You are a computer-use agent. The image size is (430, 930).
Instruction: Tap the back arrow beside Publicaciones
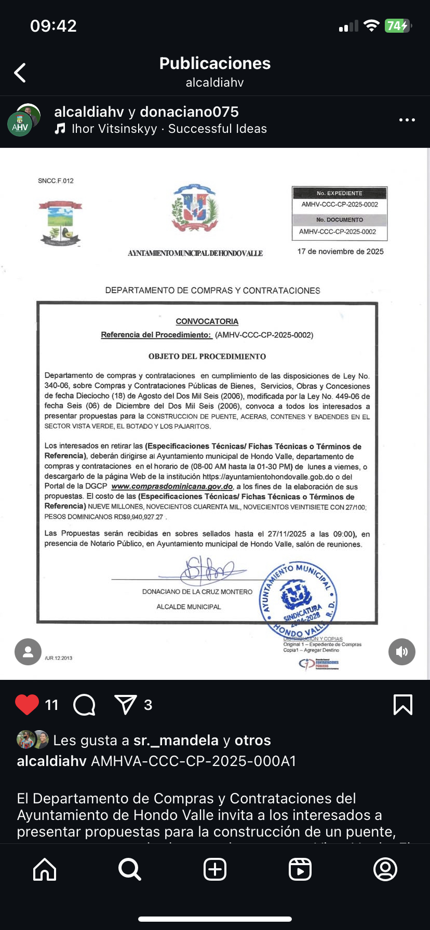[20, 73]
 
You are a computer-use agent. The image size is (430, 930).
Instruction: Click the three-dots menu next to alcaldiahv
[407, 120]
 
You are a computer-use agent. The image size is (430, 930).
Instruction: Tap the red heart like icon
[27, 704]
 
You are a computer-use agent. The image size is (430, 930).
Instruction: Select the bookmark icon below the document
[403, 704]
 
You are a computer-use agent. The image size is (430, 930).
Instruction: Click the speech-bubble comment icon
[85, 705]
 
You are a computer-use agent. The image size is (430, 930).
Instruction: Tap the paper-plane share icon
[125, 704]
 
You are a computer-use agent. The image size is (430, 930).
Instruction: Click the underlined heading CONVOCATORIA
[207, 321]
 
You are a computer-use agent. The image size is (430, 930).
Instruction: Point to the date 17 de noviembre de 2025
[340, 252]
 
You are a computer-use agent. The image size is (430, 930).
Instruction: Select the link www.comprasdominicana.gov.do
[172, 487]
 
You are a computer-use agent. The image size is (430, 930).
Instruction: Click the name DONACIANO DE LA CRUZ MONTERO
[197, 592]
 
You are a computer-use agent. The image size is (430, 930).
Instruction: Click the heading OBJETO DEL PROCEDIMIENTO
[207, 357]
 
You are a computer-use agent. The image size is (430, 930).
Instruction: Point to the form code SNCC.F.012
[56, 181]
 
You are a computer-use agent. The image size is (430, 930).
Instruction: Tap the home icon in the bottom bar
[45, 869]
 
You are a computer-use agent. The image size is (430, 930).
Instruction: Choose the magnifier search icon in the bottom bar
[129, 869]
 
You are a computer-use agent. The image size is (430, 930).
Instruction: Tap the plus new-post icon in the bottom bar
[215, 869]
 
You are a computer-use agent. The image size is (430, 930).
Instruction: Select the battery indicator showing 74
[397, 26]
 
